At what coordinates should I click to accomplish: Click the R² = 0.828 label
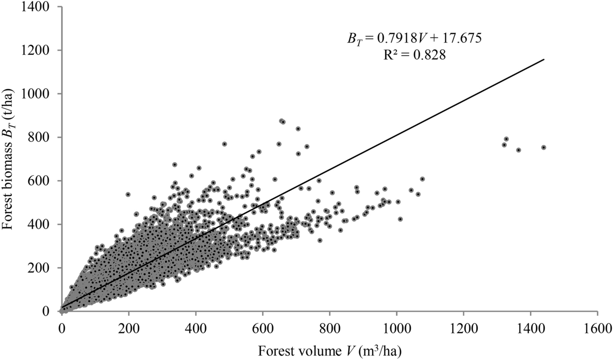click(415, 55)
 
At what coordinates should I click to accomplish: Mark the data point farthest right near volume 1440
click(544, 147)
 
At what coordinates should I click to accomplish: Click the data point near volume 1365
click(519, 150)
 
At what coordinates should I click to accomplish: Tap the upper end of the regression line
click(544, 60)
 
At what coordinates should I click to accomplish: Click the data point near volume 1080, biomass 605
click(422, 179)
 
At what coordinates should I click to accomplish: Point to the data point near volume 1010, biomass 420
click(400, 219)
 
